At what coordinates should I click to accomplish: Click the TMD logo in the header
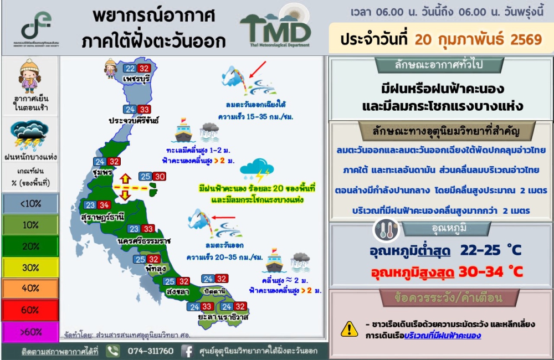(x=275, y=28)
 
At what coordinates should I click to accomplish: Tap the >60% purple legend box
(x=30, y=332)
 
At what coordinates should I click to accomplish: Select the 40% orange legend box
(x=30, y=289)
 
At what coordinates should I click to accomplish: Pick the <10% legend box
(x=30, y=204)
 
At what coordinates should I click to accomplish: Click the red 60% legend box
(x=30, y=310)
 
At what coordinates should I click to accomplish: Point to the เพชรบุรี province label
(x=136, y=79)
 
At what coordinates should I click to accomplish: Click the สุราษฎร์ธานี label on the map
(x=102, y=217)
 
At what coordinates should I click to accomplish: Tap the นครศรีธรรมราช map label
(x=144, y=241)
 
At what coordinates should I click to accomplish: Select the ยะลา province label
(x=207, y=317)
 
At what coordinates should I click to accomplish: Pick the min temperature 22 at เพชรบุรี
(x=130, y=69)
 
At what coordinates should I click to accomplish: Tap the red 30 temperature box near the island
(x=160, y=177)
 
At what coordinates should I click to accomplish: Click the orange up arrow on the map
(x=125, y=179)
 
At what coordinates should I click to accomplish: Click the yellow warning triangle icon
(x=350, y=329)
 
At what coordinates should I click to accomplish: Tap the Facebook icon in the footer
(x=187, y=351)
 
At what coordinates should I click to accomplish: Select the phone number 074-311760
(x=151, y=351)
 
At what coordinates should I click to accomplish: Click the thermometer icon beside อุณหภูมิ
(x=386, y=230)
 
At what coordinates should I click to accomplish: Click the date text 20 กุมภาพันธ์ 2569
(x=478, y=39)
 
